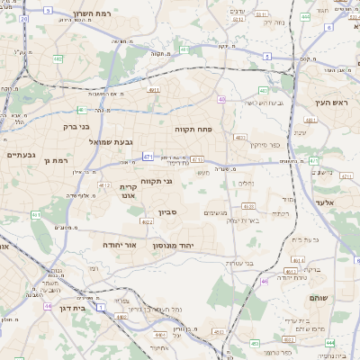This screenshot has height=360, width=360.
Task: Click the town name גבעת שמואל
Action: pyautogui.click(x=112, y=142)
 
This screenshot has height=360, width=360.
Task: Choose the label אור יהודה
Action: pyautogui.click(x=118, y=244)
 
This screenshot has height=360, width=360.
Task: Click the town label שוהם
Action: pyautogui.click(x=318, y=297)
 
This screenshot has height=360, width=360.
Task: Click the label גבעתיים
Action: pyautogui.click(x=21, y=155)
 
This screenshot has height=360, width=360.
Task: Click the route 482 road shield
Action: pyautogui.click(x=58, y=59)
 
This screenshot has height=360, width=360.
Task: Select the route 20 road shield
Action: pyautogui.click(x=23, y=18)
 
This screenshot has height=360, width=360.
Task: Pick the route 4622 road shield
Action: pyautogui.click(x=148, y=220)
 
